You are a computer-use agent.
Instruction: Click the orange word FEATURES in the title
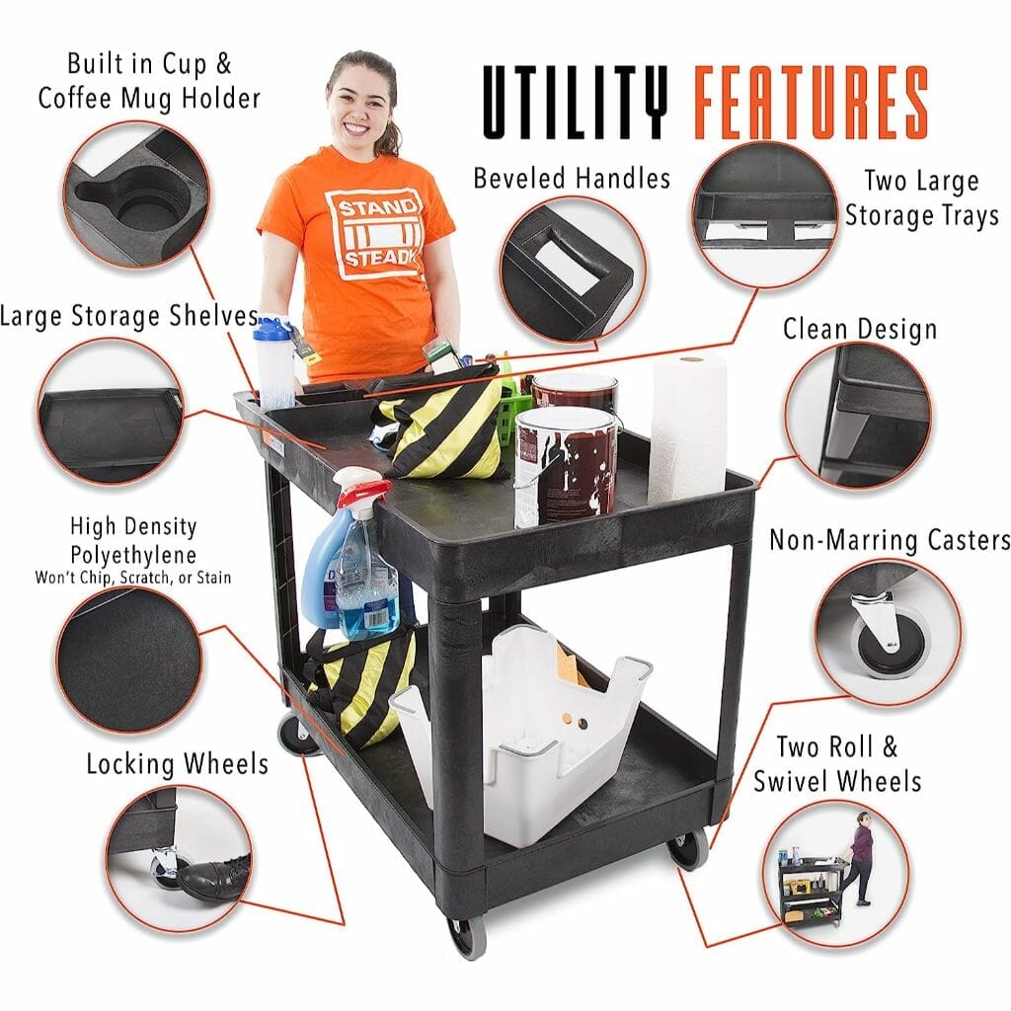pos(812,102)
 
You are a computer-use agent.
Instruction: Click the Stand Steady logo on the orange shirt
pos(374,235)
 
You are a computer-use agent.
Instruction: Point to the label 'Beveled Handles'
pos(572,178)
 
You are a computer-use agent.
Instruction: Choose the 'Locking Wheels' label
pos(178,764)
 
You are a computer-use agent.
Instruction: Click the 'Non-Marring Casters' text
pos(890,540)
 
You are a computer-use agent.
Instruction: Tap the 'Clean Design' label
pos(860,329)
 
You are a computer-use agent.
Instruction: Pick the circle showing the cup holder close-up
pos(136,194)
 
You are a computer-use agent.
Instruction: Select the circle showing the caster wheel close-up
pos(888,633)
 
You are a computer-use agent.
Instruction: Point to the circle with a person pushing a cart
pos(836,874)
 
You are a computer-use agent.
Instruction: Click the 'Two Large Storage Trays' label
pos(922,197)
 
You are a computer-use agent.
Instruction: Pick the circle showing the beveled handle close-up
pos(573,271)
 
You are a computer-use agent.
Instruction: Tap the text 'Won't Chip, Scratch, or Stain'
pos(133,577)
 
